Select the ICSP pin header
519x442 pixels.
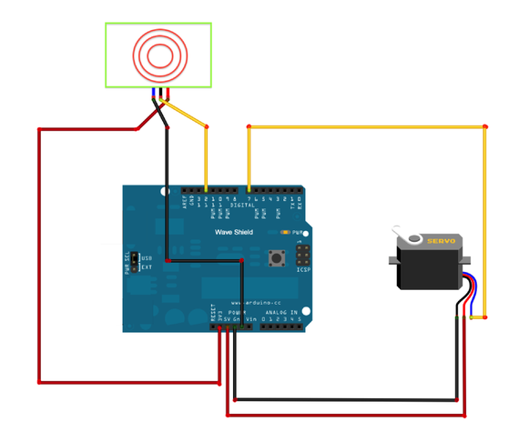pos(301,255)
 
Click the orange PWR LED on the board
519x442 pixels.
pos(286,234)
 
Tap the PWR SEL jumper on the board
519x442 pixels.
pos(134,262)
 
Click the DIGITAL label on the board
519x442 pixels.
pos(242,206)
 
